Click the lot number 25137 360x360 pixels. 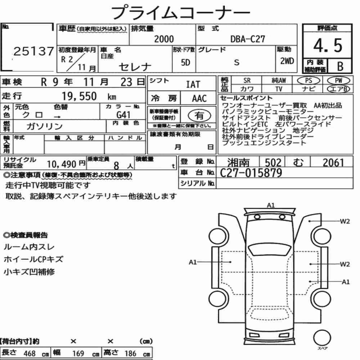33,51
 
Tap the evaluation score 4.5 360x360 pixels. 328,45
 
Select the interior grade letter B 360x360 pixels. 340,66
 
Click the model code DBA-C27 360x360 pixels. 248,39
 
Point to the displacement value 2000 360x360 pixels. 164,39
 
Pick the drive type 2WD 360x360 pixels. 287,61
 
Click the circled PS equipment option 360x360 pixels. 309,81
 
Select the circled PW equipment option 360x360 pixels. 338,81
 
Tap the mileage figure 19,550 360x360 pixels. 79,96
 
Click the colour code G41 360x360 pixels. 123,114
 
